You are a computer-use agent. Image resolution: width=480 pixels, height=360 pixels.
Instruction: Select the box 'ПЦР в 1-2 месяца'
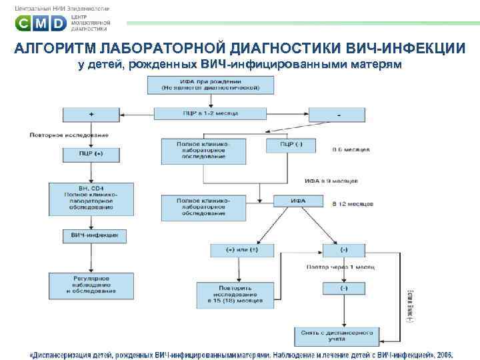tap(210, 114)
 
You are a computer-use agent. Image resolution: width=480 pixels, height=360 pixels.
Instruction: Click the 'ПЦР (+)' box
tap(91, 154)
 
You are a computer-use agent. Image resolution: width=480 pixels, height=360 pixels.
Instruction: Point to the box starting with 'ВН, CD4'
tap(91, 198)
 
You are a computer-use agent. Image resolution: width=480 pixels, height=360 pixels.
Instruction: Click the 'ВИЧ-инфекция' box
tap(91, 235)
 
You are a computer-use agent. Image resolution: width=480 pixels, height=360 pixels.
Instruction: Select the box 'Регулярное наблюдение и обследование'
tap(91, 283)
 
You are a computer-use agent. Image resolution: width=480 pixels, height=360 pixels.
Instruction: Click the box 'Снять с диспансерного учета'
tap(343, 333)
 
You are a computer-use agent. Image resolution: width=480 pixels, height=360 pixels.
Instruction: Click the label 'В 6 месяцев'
tap(351, 150)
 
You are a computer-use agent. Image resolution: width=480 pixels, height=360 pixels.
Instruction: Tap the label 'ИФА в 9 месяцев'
tap(331, 180)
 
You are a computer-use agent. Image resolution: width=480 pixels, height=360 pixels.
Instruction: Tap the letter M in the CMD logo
tap(41, 25)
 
